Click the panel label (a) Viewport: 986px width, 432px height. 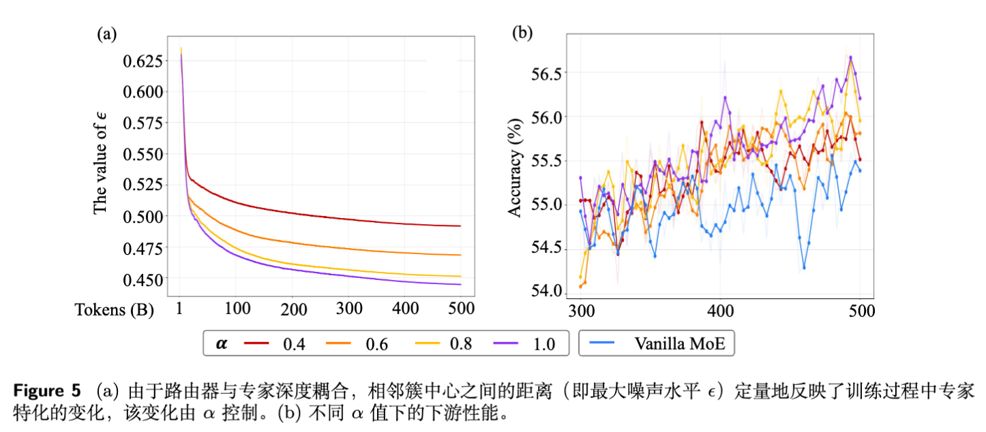(106, 34)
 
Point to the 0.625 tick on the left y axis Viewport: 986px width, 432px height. (143, 61)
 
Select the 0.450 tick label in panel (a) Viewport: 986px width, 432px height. (143, 279)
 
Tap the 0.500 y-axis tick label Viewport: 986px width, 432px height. (143, 217)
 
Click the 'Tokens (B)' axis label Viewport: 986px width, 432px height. (115, 309)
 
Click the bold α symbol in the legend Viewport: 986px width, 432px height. (222, 344)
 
